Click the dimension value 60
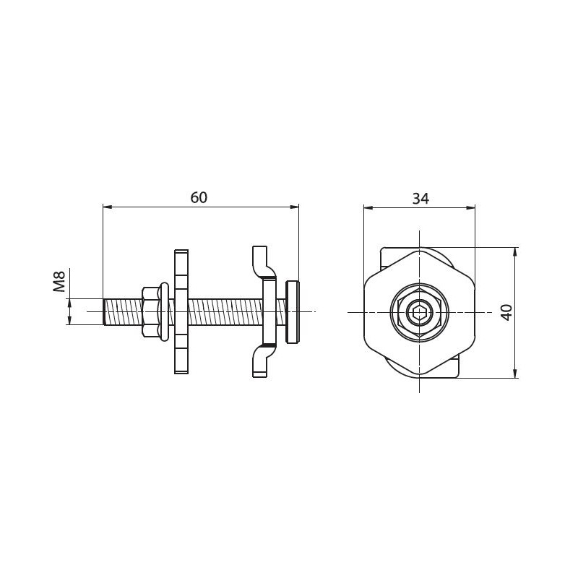coord(199,197)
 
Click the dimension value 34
coord(420,199)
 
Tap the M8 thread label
coord(59,281)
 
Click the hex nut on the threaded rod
coord(150,312)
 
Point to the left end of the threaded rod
coord(104,312)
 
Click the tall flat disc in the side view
coord(181,312)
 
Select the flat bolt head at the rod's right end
coord(292,312)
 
